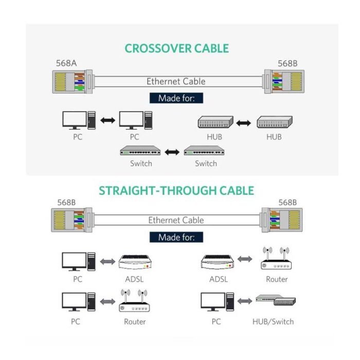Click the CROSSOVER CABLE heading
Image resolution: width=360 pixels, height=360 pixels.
[176, 49]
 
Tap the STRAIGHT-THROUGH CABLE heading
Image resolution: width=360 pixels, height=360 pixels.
[176, 191]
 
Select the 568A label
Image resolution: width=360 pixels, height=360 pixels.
[66, 64]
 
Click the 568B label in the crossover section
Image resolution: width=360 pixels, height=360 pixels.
[288, 64]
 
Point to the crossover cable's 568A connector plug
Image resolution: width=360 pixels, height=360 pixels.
[69, 81]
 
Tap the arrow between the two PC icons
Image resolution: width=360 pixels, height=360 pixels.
[108, 121]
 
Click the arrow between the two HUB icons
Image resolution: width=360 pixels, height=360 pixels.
[243, 123]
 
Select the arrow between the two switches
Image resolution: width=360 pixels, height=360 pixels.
[172, 152]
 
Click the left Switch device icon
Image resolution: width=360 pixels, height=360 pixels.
[140, 151]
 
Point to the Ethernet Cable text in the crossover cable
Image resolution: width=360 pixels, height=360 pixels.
[176, 81]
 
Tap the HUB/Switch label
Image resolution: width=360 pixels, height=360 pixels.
[273, 321]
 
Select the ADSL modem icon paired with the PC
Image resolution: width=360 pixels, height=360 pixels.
[134, 262]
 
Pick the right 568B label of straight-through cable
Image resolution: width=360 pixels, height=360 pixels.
[287, 203]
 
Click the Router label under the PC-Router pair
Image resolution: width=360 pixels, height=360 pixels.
[135, 321]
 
